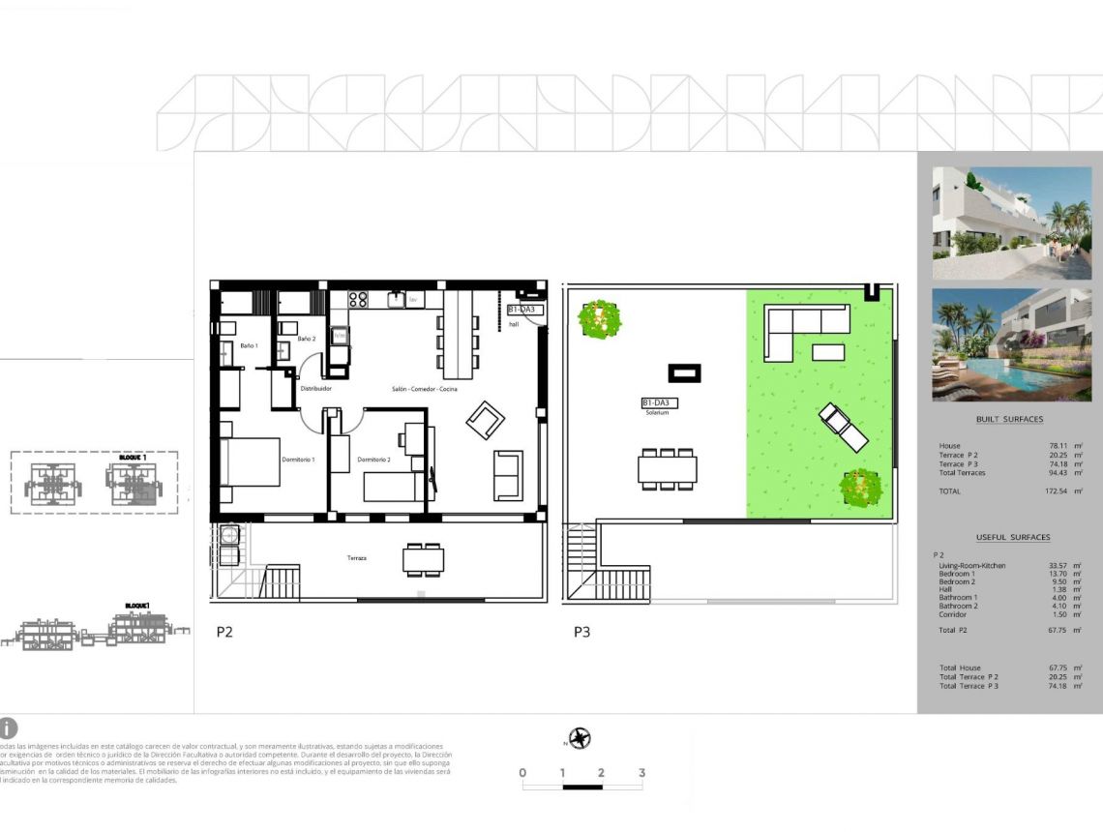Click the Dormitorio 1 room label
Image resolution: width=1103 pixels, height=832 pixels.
pos(298,460)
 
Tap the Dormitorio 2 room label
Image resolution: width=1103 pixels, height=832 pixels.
pos(373,460)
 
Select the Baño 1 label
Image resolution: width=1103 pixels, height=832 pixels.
pos(249,345)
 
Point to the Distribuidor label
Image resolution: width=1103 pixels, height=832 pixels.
pos(316,389)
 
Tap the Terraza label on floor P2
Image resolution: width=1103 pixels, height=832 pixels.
pos(358,558)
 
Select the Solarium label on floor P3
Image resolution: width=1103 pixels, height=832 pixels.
pos(658,413)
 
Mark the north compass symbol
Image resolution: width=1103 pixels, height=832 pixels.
pos(580,739)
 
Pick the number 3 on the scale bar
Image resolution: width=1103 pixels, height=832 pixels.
pos(641,773)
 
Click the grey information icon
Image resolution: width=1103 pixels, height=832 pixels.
pos(8,728)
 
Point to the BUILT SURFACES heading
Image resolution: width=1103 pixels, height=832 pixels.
pos(1009,419)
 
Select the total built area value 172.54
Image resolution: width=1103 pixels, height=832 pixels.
pos(1058,491)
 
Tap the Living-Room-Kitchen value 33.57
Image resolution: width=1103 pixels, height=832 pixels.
pos(1058,565)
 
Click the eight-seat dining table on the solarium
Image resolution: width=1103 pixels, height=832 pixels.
pos(667,468)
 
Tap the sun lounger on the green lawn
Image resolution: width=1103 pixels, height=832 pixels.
pos(843,428)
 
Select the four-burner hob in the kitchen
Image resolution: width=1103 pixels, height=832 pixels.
pos(357,300)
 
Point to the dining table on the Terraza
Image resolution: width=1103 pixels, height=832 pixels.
pos(424,559)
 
